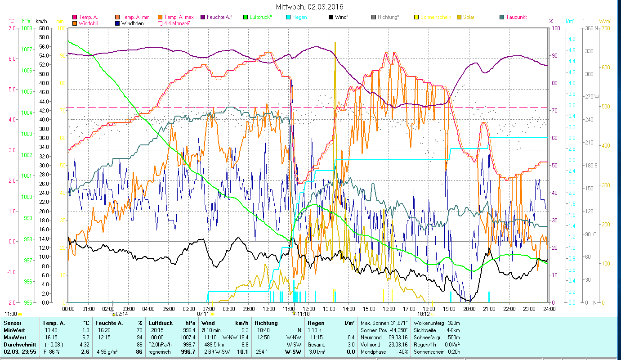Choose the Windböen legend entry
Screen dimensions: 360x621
[133, 23]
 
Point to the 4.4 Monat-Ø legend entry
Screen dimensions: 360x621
[179, 23]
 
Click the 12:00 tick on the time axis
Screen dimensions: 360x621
[308, 309]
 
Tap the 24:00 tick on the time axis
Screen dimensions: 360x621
[549, 309]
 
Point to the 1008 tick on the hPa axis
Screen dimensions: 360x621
[26, 28]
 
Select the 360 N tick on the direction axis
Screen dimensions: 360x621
[592, 28]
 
